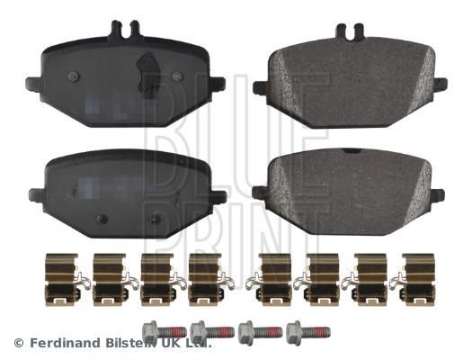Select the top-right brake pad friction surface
tap(350, 83)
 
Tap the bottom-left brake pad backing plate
tap(128, 193)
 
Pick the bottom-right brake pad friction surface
tap(349, 193)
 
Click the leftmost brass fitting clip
tap(66, 279)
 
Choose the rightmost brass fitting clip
tap(414, 279)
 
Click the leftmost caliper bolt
tap(164, 331)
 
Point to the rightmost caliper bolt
tap(308, 332)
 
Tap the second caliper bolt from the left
tap(212, 332)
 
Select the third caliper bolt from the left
tap(261, 332)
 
